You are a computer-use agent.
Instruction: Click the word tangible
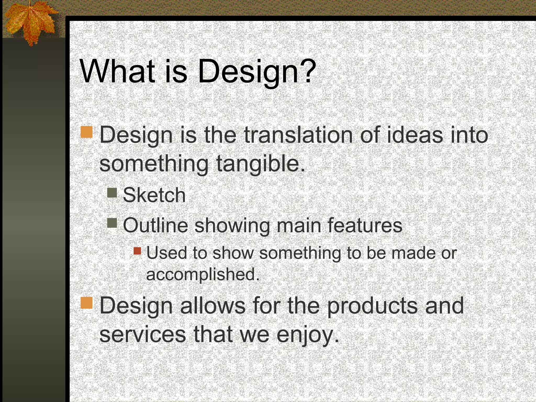tap(261, 164)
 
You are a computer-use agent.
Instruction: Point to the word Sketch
tap(154, 195)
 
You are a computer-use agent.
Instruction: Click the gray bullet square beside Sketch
tap(112, 193)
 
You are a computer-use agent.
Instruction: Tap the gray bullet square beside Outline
tap(112, 223)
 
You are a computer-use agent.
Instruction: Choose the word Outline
tap(155, 225)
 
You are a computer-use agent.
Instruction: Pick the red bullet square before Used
tap(137, 251)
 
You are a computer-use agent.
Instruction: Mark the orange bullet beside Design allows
tap(87, 303)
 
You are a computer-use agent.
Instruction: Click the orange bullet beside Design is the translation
tap(87, 132)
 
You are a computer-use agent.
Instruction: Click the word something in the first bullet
tap(154, 164)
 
